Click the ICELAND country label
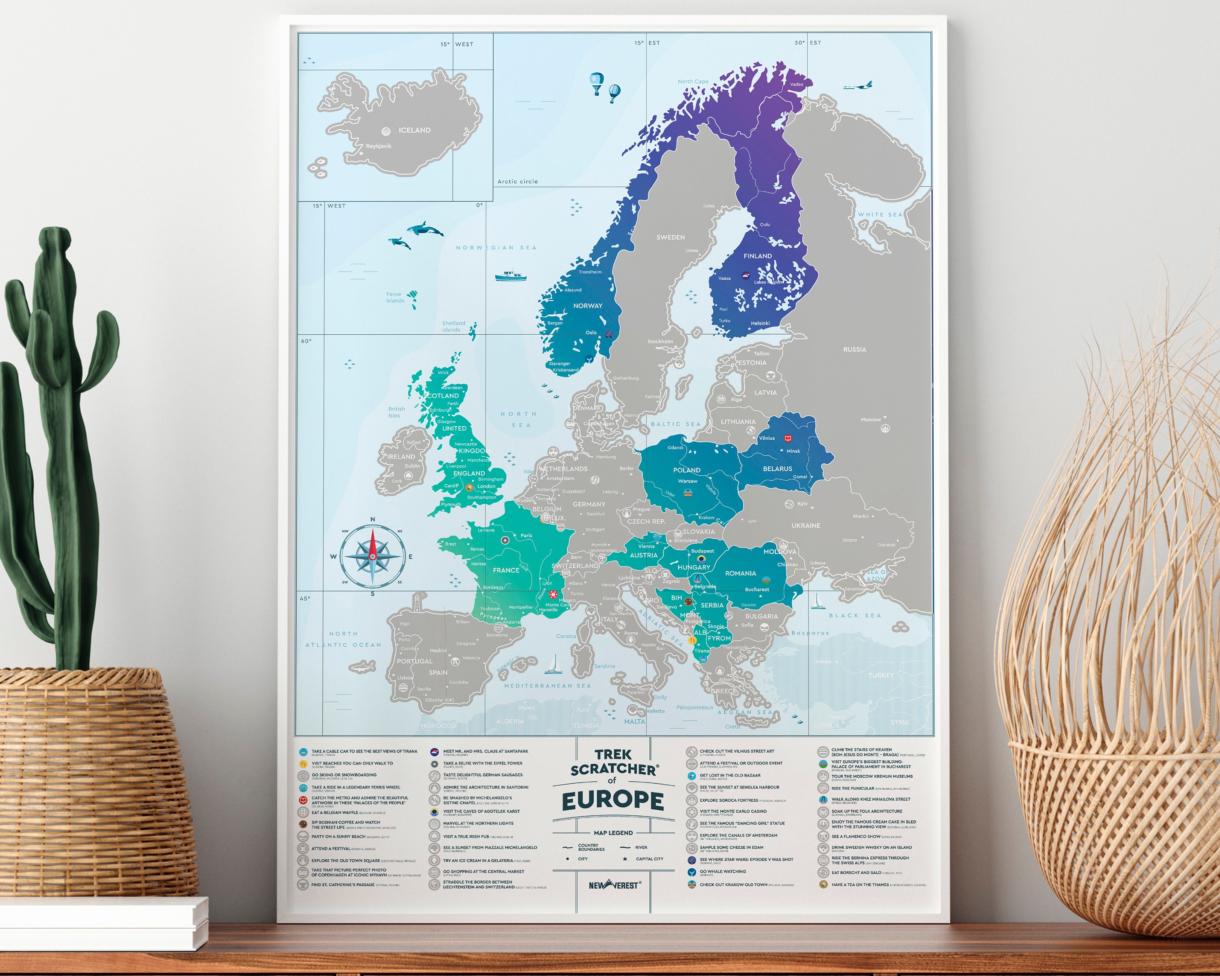pos(414,130)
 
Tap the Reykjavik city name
pos(379,146)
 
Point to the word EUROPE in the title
pos(613,801)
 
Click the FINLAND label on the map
pos(757,256)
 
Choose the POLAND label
pos(686,470)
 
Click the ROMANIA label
pos(740,573)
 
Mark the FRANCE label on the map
pos(505,570)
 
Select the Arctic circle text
pos(517,182)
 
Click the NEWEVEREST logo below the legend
pos(614,885)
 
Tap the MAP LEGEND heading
pos(613,833)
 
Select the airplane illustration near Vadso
pos(858,86)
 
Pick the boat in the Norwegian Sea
pos(510,276)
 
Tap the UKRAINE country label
pos(805,526)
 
